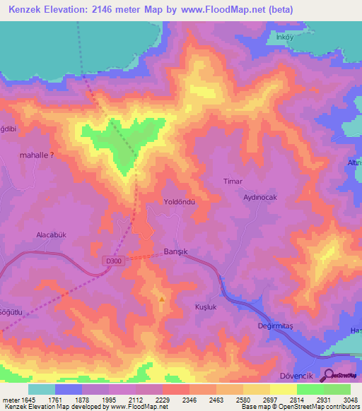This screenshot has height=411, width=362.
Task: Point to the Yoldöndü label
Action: point(179,201)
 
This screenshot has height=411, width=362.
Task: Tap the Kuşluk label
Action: point(206,306)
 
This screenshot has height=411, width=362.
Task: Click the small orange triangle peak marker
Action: point(162,299)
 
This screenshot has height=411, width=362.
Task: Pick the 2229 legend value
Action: point(162,400)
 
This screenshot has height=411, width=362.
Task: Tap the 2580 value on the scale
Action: point(243,400)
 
